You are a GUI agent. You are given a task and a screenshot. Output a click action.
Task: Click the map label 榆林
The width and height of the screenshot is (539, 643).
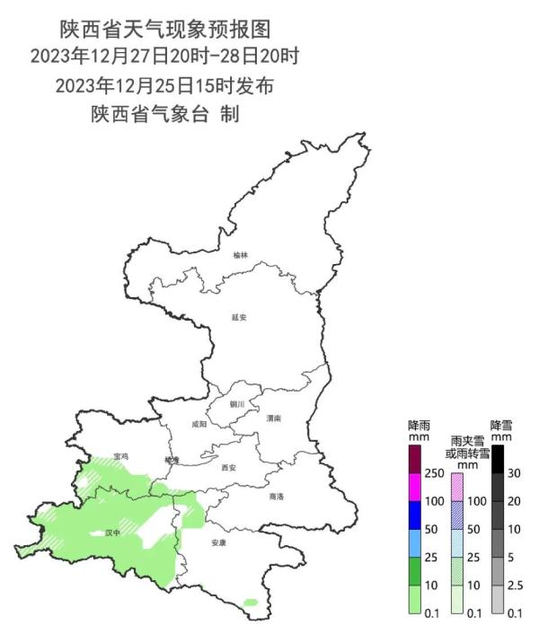click(239, 256)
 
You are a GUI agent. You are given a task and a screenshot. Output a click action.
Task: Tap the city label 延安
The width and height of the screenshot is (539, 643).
click(238, 317)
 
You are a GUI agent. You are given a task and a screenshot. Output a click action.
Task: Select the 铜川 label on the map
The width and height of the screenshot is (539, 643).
click(236, 405)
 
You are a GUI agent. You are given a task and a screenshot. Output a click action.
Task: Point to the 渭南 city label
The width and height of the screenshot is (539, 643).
click(274, 418)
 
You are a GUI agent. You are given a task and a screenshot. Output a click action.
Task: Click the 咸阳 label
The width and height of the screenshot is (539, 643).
click(199, 423)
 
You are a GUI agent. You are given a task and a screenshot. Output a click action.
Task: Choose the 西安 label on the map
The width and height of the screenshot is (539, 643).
click(228, 468)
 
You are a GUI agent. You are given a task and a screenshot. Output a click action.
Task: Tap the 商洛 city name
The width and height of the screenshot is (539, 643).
click(277, 496)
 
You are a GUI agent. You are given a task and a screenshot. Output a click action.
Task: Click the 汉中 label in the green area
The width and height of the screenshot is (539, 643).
click(112, 533)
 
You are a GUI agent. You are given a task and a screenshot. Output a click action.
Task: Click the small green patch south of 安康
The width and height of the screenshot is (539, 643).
click(251, 602)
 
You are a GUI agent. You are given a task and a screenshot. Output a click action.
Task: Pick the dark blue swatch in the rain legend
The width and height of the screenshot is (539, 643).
click(415, 515)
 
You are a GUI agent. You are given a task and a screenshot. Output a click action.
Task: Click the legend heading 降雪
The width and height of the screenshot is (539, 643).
click(499, 424)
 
